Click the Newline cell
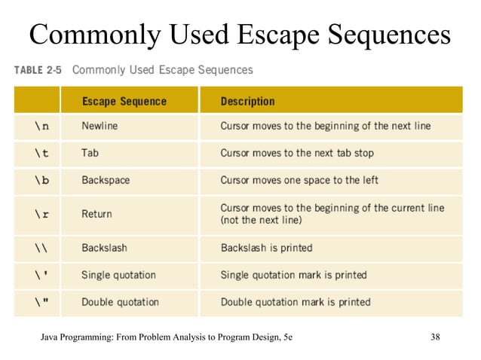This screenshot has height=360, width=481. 100,126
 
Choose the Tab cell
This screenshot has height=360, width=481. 90,153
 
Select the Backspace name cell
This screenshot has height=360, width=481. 106,181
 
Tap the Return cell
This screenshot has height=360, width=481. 97,214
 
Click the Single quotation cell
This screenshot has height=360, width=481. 118,275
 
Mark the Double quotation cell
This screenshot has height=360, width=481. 120,302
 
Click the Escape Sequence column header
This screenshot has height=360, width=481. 124,100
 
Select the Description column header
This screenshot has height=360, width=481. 247,100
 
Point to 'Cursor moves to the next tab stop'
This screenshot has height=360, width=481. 296,153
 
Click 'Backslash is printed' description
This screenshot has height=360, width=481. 266,248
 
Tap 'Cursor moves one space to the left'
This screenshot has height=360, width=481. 299,181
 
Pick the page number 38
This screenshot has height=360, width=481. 435,337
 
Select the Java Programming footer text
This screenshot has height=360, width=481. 167,337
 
